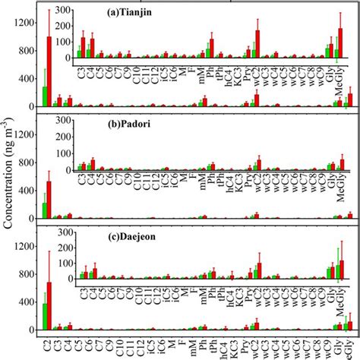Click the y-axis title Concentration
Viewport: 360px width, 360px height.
point(8,180)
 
